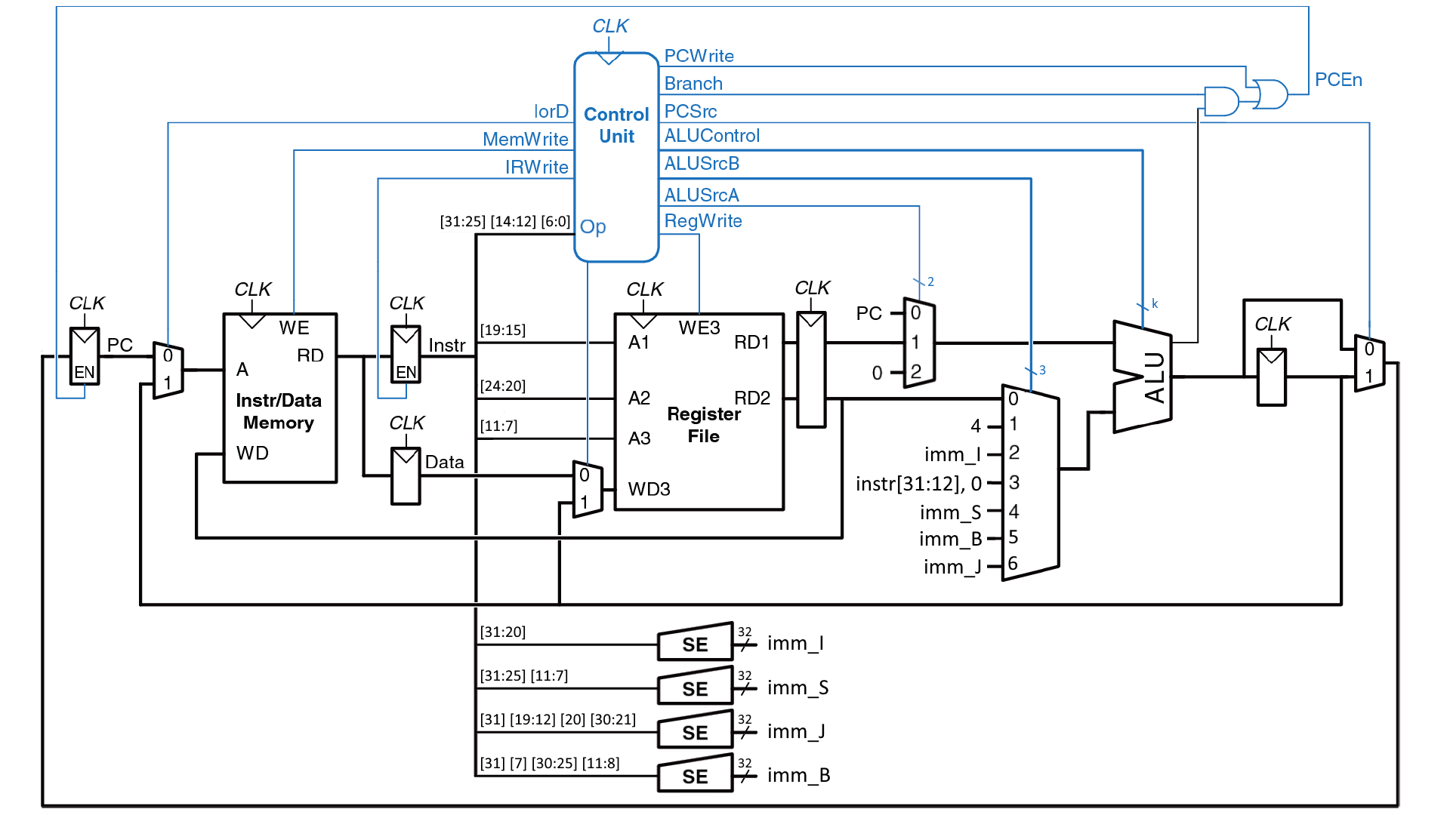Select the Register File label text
[703, 425]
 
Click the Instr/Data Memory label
[279, 411]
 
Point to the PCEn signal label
[1338, 80]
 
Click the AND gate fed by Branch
[1220, 101]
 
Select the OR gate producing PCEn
[1269, 94]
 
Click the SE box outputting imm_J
[695, 731]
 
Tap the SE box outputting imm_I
[695, 643]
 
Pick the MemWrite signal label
[525, 140]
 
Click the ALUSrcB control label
[702, 164]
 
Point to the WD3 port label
[649, 489]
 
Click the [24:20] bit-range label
[503, 386]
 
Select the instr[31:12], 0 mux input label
[918, 484]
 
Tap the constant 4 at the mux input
[976, 426]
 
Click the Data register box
[406, 476]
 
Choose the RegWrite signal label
[702, 221]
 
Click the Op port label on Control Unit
[593, 226]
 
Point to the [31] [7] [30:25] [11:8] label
[549, 763]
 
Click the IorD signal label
[551, 112]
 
